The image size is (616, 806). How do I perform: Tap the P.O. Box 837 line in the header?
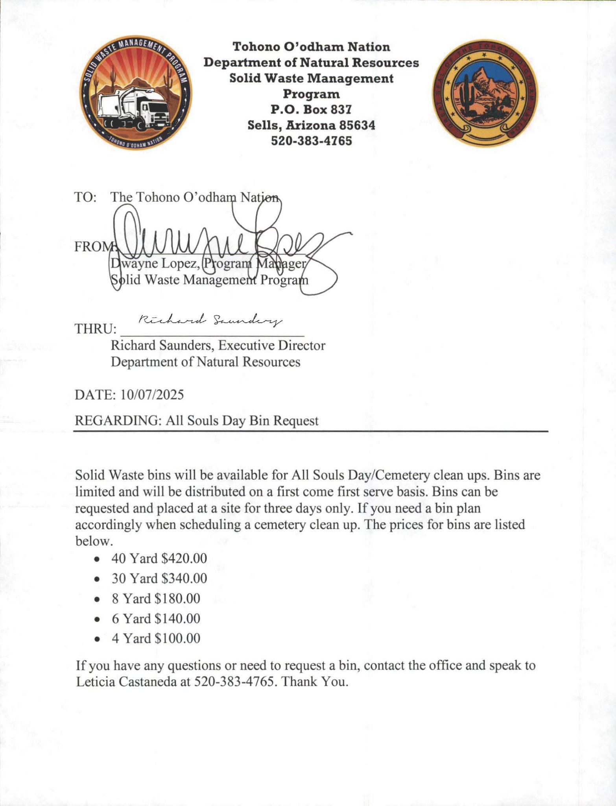point(311,109)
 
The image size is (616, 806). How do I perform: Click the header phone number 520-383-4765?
point(311,141)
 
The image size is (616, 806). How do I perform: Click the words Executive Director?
point(272,346)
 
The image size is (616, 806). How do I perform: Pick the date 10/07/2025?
point(152,394)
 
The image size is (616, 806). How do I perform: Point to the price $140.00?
point(177,619)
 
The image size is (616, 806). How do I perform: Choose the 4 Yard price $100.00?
point(177,638)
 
